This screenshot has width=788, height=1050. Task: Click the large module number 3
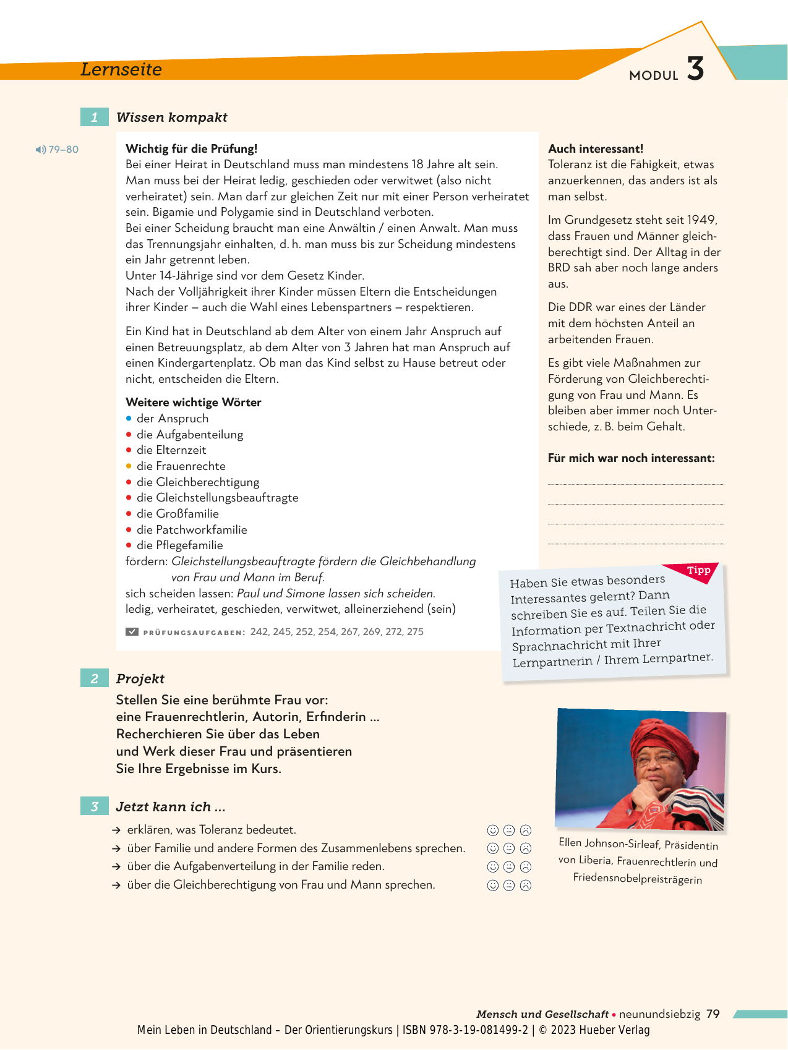coord(695,69)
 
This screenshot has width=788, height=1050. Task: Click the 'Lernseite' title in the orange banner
coord(121,69)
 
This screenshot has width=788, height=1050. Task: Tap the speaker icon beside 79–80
coord(41,150)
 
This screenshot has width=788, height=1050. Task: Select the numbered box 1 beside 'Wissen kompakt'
coord(94,117)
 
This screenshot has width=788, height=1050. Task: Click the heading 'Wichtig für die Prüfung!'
coord(191,148)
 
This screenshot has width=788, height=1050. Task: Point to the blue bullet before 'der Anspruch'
coord(129,419)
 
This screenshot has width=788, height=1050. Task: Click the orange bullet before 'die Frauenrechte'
coord(129,466)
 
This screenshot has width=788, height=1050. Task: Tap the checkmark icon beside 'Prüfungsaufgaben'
coord(132,632)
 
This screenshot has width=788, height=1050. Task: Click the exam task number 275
coord(415,632)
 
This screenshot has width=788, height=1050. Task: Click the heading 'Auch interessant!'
coord(595,148)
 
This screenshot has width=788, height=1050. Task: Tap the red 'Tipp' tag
coord(698,570)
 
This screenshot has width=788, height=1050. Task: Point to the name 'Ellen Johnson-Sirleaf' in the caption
coord(609,843)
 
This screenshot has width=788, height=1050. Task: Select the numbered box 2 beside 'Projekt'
coord(94,678)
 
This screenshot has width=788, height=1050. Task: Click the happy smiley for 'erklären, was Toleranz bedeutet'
coord(493,830)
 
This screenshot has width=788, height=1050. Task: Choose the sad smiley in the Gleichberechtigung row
coord(526,886)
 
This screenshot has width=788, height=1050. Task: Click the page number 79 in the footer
coord(713,1014)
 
